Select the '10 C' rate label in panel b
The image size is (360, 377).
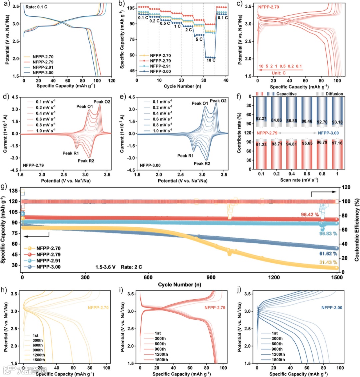click(210, 60)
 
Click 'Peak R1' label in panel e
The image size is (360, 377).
click(185, 156)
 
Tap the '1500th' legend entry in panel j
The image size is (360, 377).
click(278, 360)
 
